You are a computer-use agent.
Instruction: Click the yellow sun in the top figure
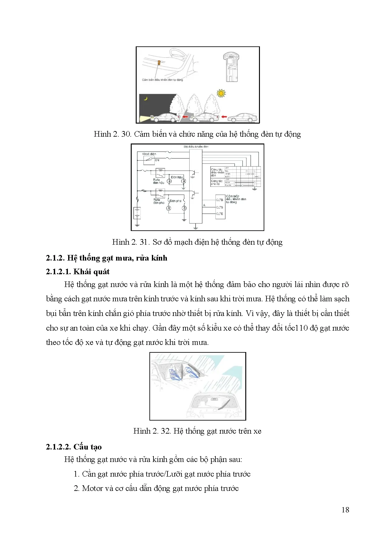221,93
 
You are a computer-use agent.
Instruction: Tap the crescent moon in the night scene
145,99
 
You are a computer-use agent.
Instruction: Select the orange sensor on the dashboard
159,62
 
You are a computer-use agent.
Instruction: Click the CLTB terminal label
219,200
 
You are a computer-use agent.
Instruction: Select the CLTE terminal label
219,214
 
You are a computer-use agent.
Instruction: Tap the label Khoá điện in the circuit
149,154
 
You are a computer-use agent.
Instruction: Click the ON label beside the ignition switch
157,160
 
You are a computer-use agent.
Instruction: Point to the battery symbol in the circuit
137,213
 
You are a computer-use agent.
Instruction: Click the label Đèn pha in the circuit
175,201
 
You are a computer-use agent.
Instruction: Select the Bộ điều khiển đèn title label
196,147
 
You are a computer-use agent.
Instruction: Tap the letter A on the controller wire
204,205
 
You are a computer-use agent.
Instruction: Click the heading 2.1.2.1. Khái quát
78,272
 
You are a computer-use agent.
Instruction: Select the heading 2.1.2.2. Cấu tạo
73,447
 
